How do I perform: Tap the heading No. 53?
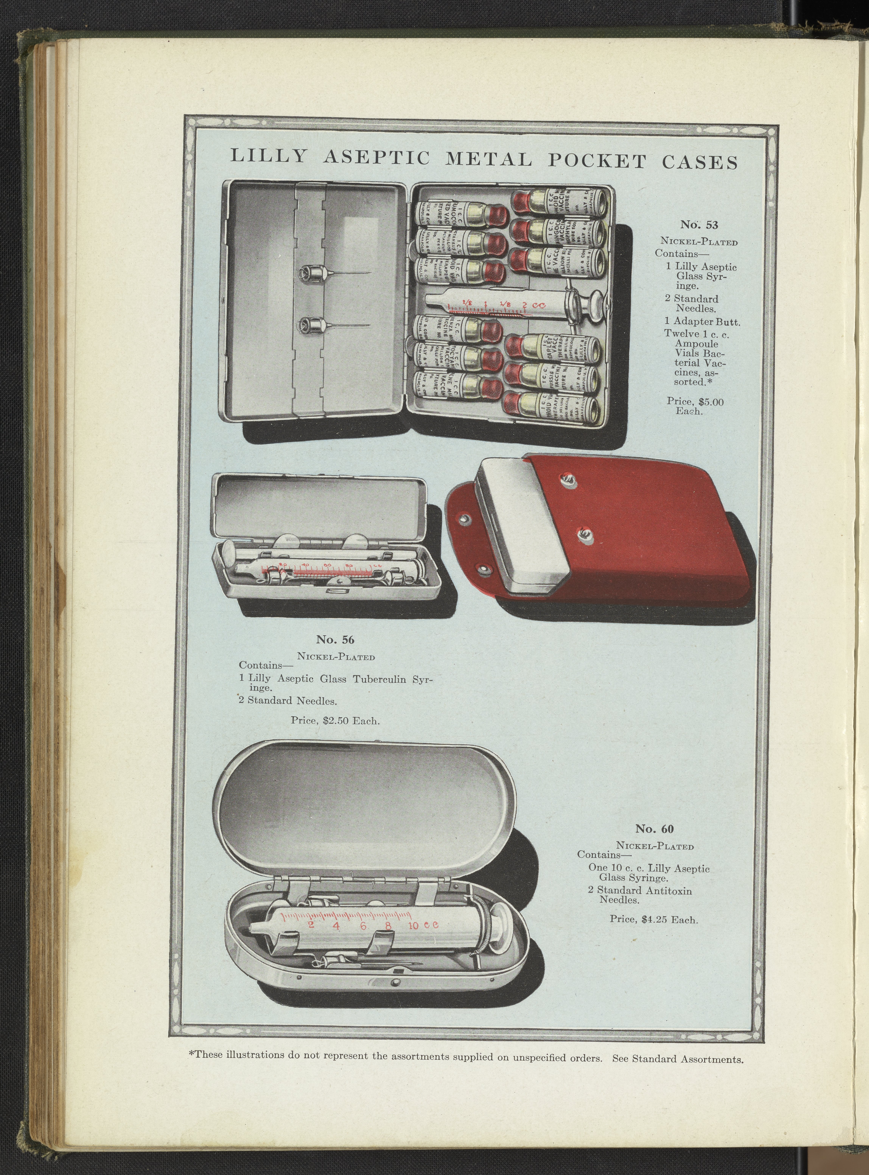699,225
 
